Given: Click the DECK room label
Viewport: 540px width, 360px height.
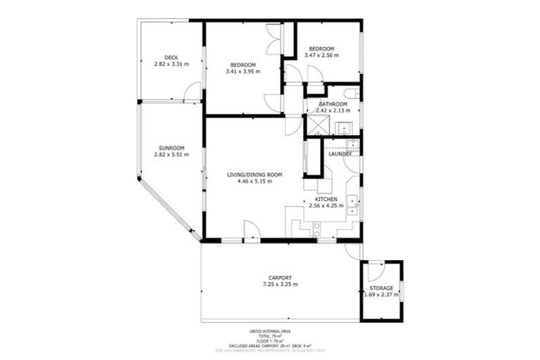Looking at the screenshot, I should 171,58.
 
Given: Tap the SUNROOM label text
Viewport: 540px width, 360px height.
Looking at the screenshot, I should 172,148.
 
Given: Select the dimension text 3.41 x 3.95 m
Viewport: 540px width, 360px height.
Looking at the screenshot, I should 243,71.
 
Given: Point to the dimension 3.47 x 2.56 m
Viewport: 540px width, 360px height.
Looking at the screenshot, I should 321,55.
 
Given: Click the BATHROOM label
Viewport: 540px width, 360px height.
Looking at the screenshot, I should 333,104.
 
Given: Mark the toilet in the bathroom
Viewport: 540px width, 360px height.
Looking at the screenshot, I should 352,94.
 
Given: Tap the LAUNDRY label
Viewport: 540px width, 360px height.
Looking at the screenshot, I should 340,154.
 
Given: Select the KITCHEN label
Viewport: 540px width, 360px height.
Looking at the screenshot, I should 326,199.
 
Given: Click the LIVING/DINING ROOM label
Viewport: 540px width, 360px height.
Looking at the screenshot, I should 254,174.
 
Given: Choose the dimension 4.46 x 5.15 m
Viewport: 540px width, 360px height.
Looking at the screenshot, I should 254,181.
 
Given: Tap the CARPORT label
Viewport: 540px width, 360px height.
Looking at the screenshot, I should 280,278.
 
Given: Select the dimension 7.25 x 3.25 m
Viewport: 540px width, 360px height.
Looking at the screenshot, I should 280,285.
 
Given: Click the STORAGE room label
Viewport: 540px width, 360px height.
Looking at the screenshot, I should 381,288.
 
